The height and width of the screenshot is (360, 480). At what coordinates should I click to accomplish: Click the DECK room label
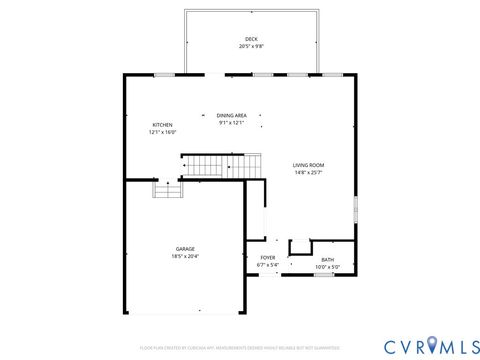click(x=250, y=39)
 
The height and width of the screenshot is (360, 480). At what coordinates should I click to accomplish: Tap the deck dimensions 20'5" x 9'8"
click(x=250, y=46)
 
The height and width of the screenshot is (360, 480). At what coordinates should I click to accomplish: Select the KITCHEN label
click(x=163, y=125)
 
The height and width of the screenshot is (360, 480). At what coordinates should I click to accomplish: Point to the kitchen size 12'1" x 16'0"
click(x=163, y=132)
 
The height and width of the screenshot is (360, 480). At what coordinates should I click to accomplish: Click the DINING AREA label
click(x=231, y=116)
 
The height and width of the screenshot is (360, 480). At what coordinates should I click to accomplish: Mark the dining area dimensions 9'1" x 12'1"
click(x=231, y=123)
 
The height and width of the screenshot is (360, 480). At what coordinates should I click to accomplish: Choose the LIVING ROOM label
click(x=308, y=165)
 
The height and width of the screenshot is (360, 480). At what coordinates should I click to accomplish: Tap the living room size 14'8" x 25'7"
click(x=308, y=172)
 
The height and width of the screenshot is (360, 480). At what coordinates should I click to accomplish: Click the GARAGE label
click(x=185, y=249)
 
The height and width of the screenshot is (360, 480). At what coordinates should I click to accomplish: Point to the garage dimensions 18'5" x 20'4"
click(x=185, y=256)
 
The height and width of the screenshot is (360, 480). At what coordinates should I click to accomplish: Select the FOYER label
click(x=268, y=258)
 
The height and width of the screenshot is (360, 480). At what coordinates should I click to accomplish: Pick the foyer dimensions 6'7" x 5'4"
click(x=268, y=265)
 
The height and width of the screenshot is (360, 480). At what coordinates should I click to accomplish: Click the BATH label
click(x=328, y=260)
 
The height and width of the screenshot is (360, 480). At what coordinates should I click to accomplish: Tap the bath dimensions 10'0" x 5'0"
click(x=328, y=267)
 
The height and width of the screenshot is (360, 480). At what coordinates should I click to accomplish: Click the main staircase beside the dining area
click(x=213, y=163)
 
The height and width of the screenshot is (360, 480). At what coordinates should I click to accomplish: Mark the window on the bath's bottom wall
click(x=324, y=274)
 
